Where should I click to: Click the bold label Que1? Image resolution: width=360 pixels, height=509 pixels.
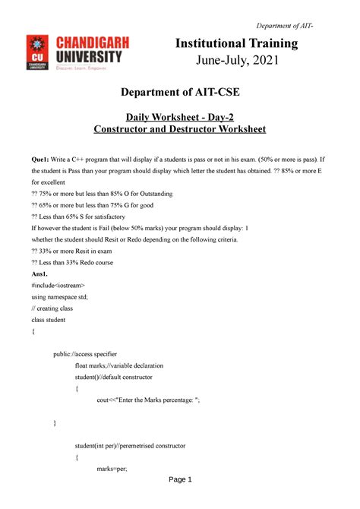click(x=41, y=160)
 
